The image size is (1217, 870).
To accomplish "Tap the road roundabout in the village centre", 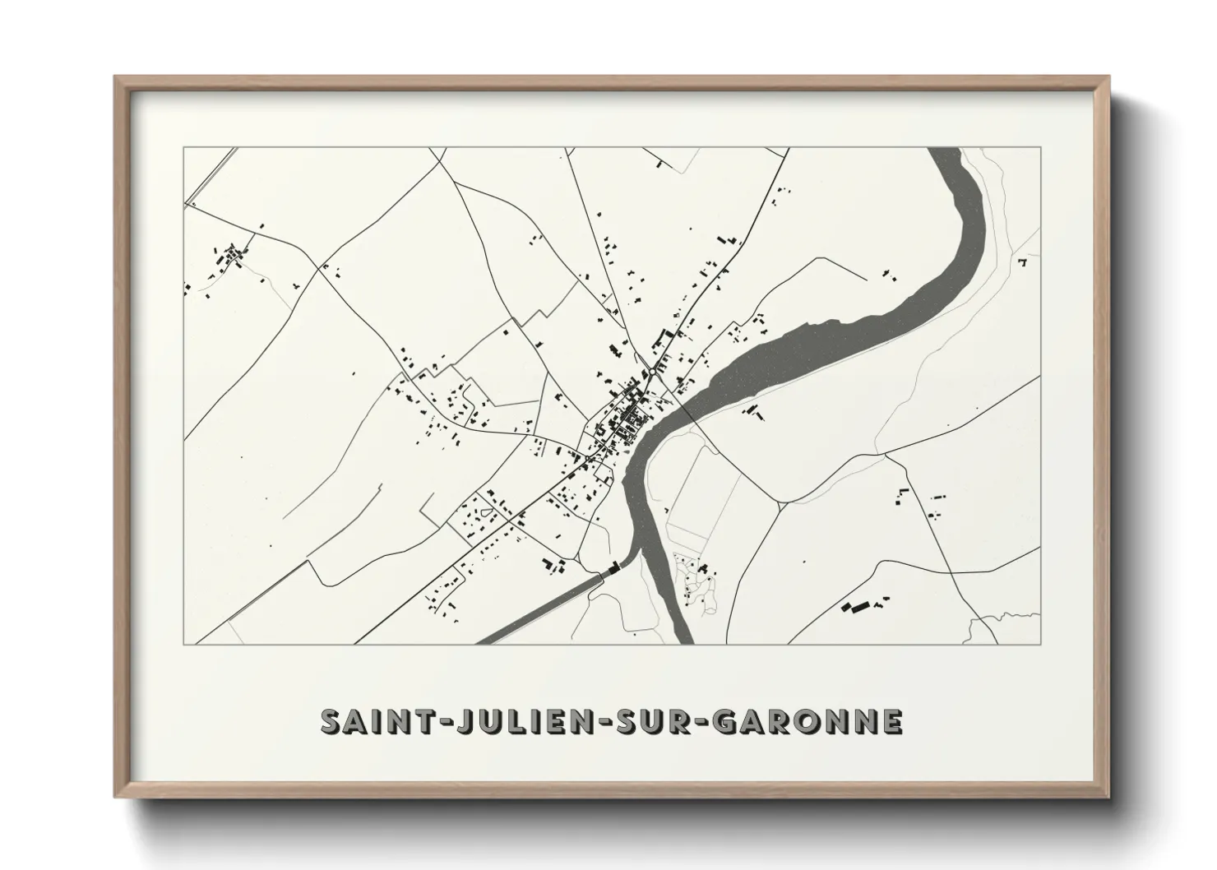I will tap(651, 372).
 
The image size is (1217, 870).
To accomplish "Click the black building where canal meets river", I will tap(613, 567).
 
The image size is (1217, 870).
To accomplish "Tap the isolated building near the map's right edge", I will tap(1023, 261).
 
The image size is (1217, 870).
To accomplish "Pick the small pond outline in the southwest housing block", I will tap(484, 515).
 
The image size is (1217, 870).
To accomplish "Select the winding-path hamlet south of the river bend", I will tap(695, 580).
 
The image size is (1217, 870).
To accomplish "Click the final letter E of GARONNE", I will tap(891, 721).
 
